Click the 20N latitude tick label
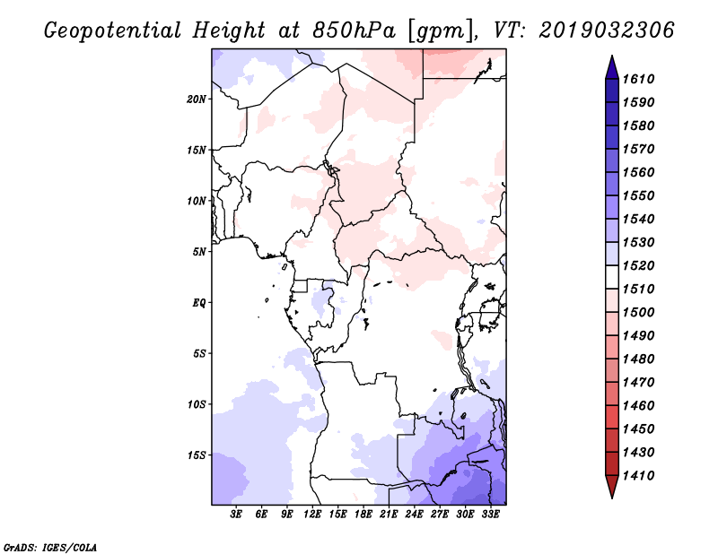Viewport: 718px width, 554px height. [197, 100]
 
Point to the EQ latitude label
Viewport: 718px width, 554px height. [198, 303]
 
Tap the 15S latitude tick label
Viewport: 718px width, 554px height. [197, 455]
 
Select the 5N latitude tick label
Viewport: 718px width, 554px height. [199, 252]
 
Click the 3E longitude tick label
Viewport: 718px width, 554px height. [236, 514]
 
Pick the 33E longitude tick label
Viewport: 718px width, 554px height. [490, 514]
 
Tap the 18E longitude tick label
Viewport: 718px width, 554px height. [363, 514]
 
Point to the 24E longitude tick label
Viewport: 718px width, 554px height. [414, 514]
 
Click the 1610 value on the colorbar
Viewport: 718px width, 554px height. [638, 79]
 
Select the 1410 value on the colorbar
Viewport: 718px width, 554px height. [638, 476]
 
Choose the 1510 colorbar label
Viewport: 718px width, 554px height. [638, 290]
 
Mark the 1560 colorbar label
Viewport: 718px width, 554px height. [638, 172]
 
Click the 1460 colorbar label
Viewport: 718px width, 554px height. [638, 406]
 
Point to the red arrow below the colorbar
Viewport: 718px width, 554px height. [612, 485]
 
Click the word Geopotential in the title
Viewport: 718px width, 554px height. [113, 31]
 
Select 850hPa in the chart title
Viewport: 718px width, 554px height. [354, 30]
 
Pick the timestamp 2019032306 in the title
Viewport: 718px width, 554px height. [607, 30]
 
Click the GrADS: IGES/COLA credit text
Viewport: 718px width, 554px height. [50, 548]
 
